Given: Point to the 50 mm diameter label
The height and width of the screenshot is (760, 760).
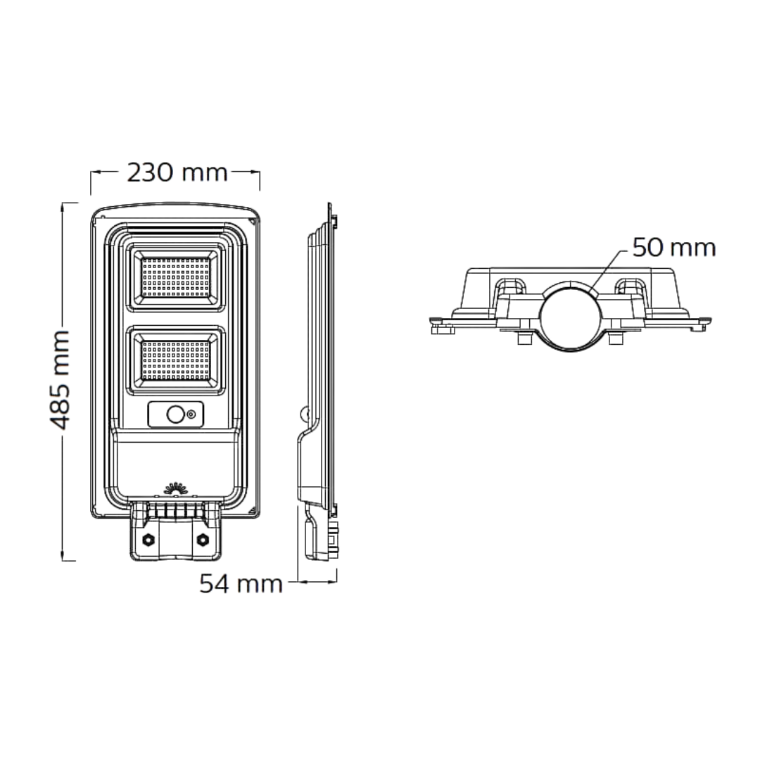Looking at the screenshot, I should click(x=673, y=248).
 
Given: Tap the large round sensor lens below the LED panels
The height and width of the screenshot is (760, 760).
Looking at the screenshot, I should click(x=175, y=416).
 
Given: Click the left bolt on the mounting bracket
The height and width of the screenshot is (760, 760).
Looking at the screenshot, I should click(x=149, y=540).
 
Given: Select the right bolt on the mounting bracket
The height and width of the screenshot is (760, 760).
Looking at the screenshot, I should click(x=203, y=540).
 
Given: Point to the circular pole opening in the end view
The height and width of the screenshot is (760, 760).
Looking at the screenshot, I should click(x=571, y=314).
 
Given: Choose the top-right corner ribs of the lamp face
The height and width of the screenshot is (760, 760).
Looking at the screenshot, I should click(x=235, y=236).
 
